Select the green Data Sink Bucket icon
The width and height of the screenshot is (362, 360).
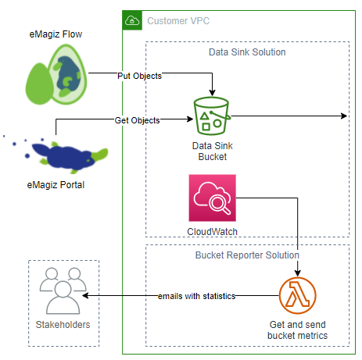[212, 117]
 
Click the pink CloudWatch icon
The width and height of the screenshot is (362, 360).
[212, 198]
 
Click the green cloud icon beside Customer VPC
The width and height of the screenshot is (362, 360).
[132, 20]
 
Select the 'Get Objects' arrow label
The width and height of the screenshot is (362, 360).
[137, 120]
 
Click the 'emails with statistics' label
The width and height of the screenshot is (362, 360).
[196, 296]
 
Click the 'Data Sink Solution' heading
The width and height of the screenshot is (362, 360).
[246, 52]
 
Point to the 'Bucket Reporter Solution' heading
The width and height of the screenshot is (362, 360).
[246, 255]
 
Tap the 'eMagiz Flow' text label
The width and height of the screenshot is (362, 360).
[56, 34]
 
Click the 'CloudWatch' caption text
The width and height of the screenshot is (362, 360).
[212, 232]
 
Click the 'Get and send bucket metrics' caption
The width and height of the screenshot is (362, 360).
[299, 330]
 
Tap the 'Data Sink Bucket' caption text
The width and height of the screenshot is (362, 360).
[212, 151]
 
